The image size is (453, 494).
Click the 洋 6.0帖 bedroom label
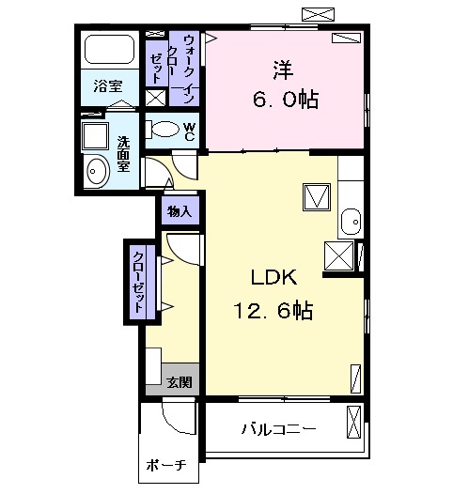coord(281,85)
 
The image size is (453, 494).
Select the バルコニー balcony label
coord(278,429)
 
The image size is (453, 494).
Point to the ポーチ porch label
coord(167,465)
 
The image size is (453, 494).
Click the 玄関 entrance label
coord(180,381)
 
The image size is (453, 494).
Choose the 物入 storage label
coord(180,212)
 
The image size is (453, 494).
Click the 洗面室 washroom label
coord(123,154)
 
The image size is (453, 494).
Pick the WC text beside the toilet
coord(189,132)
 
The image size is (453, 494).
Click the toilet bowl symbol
coord(164,130)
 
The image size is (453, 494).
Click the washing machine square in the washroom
coord(95,135)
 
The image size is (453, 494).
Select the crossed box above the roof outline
coord(318,13)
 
